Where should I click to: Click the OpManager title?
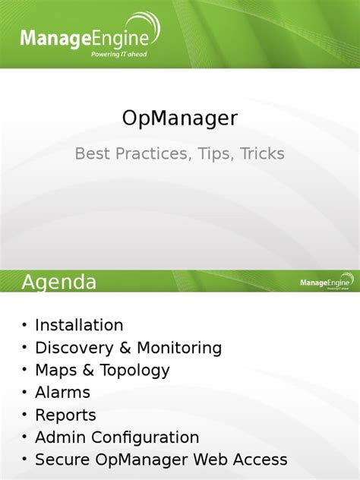click(x=180, y=118)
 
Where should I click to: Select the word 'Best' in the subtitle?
click(x=93, y=154)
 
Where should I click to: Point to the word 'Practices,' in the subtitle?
click(x=151, y=154)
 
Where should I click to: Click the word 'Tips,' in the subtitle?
click(x=214, y=154)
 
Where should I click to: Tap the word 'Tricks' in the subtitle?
click(x=262, y=154)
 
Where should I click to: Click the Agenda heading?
click(x=59, y=283)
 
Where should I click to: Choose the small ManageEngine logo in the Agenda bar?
click(x=325, y=283)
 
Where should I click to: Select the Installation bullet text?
click(x=79, y=325)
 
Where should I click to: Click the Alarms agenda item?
click(x=62, y=393)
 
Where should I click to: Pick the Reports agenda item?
click(x=65, y=415)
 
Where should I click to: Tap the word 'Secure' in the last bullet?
click(x=62, y=459)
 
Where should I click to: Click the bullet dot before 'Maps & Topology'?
click(x=24, y=371)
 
